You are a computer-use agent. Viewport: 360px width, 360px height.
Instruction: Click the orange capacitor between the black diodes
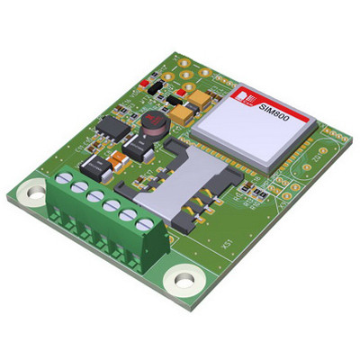pos(117,165)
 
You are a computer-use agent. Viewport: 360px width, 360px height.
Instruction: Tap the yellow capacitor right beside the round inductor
pos(184,113)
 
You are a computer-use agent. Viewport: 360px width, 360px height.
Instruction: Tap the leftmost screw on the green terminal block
pos(63,183)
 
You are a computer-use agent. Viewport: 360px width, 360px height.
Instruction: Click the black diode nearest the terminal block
pos(94,166)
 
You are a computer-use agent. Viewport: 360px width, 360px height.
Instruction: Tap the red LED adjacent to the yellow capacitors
pos(181,92)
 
